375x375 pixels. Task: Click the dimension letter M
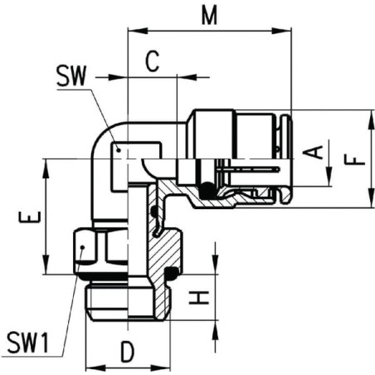(209, 16)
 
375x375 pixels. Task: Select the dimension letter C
(152, 61)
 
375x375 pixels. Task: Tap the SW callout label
(71, 75)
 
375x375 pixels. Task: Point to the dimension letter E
(30, 217)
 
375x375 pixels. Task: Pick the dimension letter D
(128, 352)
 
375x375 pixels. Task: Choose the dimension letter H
(198, 297)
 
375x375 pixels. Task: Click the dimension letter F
(355, 160)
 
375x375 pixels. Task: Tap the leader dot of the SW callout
(119, 150)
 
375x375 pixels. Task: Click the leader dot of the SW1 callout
(82, 247)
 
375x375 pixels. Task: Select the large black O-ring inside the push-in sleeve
(207, 190)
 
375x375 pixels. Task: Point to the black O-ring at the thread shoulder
(171, 274)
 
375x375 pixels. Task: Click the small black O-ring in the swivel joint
(154, 212)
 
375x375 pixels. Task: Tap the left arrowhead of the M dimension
(137, 31)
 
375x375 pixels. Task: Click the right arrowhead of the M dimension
(281, 31)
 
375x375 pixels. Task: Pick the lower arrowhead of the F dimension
(371, 197)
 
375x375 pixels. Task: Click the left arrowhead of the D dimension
(95, 368)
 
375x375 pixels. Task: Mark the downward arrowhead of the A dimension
(329, 176)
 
